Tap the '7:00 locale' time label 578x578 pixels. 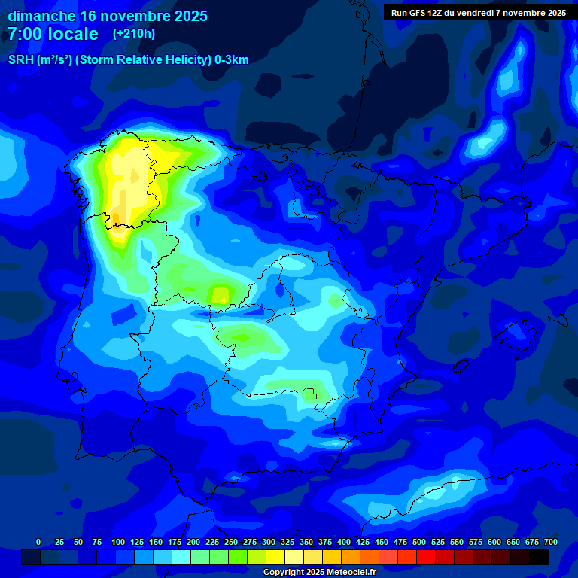pos(53,34)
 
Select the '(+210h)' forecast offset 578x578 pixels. pos(134,34)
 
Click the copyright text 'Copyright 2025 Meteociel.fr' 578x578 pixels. pos(319,572)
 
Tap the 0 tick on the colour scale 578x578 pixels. pos(38,542)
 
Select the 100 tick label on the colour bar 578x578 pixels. pos(117,542)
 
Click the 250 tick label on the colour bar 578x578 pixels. pos(231,542)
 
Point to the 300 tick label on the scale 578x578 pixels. pos(269,542)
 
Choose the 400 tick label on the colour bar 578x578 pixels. pos(344,542)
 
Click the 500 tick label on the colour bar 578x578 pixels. pos(419,542)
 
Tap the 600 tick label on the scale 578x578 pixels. pos(494,542)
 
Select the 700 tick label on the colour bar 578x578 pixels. pos(551,542)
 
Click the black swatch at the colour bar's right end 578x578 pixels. pos(539,557)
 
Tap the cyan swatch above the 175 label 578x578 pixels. pos(181,557)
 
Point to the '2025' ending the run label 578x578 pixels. pos(555,13)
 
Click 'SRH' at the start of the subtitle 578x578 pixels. pos(21,60)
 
